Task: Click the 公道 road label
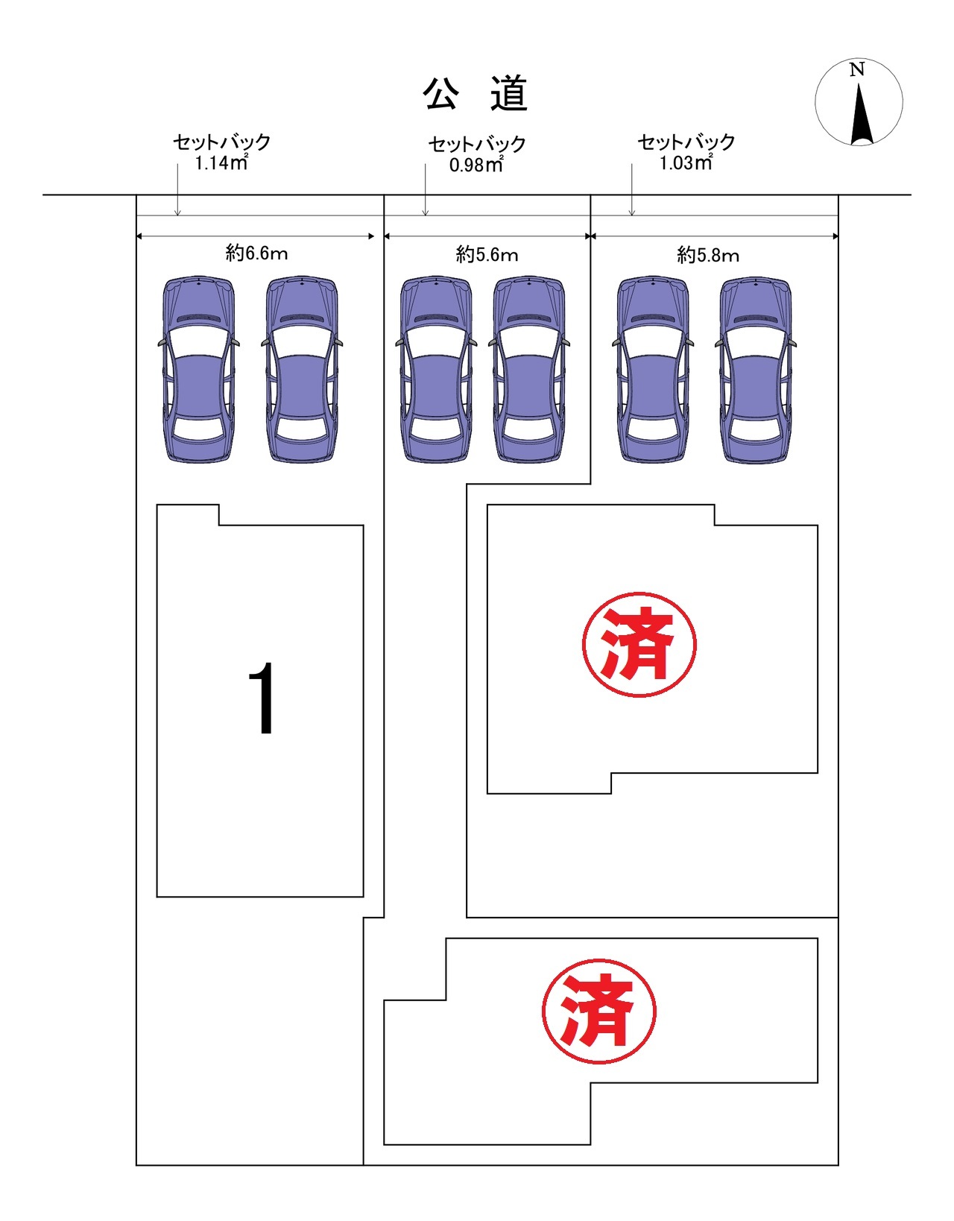(x=476, y=95)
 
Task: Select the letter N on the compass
(x=857, y=70)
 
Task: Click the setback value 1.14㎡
(x=221, y=163)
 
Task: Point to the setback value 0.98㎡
(x=476, y=165)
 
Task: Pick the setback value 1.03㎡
(x=686, y=163)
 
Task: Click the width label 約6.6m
(x=256, y=253)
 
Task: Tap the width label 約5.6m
(x=487, y=255)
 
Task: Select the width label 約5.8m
(x=708, y=256)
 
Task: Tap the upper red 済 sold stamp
(x=639, y=645)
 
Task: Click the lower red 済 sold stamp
(x=598, y=1011)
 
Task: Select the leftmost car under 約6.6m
(x=198, y=370)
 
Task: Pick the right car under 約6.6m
(x=301, y=370)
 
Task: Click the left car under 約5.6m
(x=436, y=370)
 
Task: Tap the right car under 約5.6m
(x=528, y=370)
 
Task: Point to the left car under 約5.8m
(x=653, y=370)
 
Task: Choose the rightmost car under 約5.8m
(x=755, y=370)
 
